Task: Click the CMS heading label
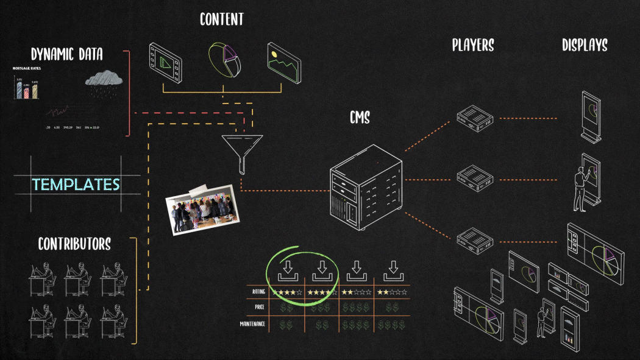coord(360,117)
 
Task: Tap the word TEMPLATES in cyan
coord(76,184)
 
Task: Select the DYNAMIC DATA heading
coord(67,55)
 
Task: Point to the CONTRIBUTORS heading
coord(74,244)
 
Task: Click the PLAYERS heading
coord(472,45)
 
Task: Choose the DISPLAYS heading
coord(585,45)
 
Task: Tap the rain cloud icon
coord(104,81)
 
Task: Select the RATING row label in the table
coord(258,292)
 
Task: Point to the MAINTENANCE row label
coord(252,323)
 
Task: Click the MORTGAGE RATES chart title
coord(26,68)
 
